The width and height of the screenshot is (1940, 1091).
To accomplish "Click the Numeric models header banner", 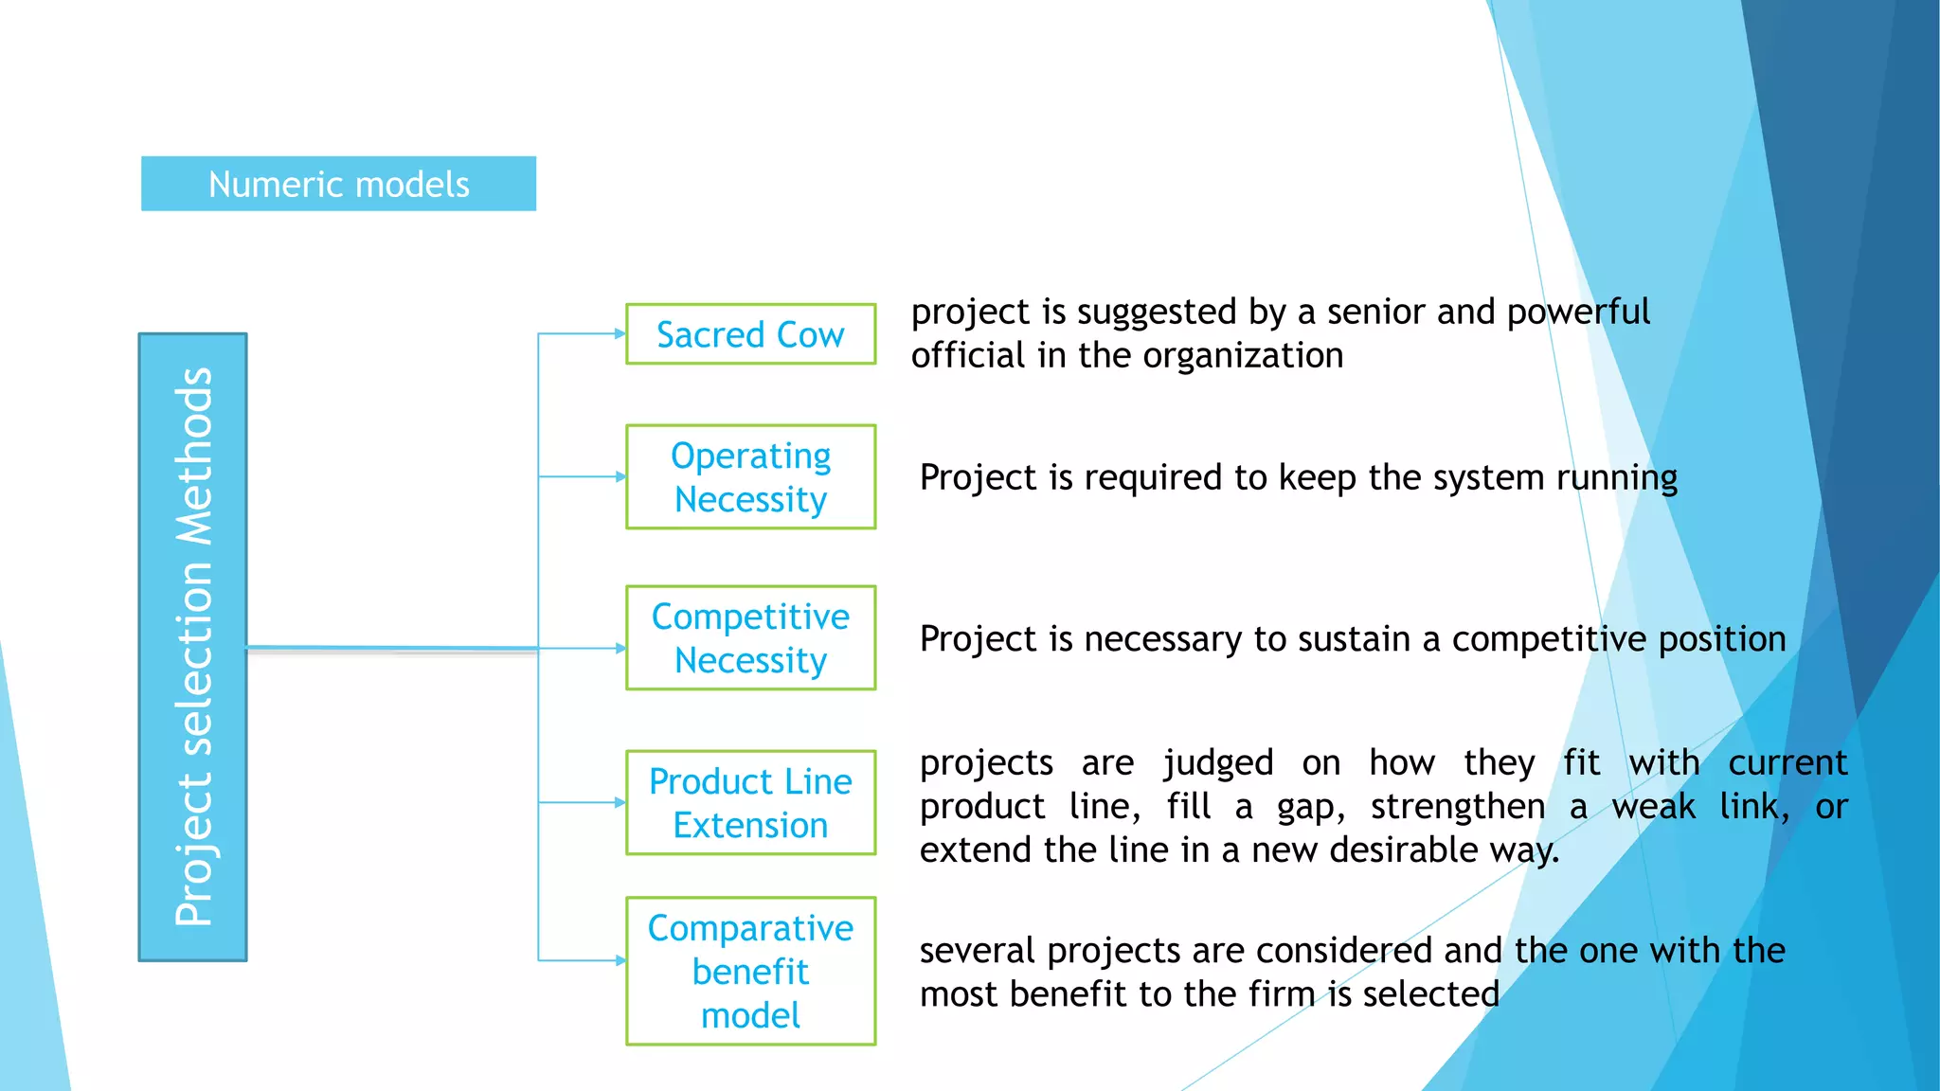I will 338,184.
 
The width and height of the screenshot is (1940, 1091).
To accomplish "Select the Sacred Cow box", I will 750,334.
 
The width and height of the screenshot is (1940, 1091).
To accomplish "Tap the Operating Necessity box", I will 750,477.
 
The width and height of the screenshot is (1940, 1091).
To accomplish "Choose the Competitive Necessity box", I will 750,638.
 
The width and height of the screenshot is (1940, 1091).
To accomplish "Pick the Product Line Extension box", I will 750,803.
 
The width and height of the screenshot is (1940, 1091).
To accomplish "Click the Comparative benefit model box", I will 750,971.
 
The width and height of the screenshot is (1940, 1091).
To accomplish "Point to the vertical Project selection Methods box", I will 193,648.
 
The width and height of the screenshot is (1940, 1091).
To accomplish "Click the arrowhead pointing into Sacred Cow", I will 620,333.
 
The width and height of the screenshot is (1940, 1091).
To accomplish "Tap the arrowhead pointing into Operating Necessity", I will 620,476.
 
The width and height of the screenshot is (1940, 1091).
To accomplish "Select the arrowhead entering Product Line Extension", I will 620,802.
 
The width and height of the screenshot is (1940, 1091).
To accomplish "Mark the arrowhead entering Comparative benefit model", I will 620,960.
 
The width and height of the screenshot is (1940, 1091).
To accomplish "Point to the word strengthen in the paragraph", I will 1457,807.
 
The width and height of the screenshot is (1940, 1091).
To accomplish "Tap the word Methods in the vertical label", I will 195,456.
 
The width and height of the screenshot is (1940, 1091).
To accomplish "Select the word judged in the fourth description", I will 1218,763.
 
